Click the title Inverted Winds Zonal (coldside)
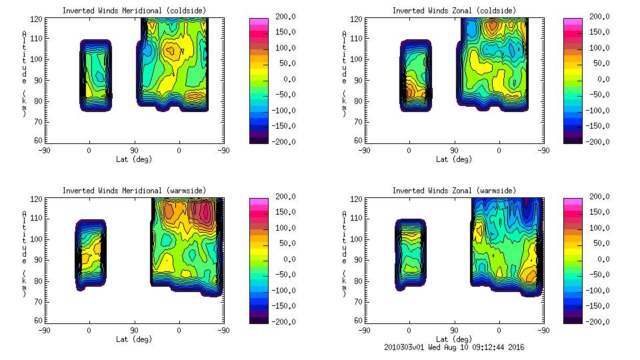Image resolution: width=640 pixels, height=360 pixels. point(453,11)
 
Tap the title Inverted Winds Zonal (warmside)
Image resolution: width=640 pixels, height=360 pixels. point(453,191)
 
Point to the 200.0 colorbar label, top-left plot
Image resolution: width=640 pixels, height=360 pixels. point(281,17)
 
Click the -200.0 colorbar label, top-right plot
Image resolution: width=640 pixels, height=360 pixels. point(595,142)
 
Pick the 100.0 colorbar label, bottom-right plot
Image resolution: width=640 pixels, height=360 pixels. point(595,228)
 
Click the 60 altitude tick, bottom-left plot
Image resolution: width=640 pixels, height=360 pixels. point(39,321)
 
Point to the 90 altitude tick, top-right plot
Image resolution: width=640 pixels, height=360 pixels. point(358,81)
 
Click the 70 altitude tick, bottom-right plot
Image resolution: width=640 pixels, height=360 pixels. point(358,301)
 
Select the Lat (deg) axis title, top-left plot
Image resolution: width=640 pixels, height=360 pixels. point(134,159)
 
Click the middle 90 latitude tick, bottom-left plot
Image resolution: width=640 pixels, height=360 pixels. point(134,330)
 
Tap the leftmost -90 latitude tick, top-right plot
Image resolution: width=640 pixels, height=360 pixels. point(363,151)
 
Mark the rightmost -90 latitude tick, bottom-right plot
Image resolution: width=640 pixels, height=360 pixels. point(544,330)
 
